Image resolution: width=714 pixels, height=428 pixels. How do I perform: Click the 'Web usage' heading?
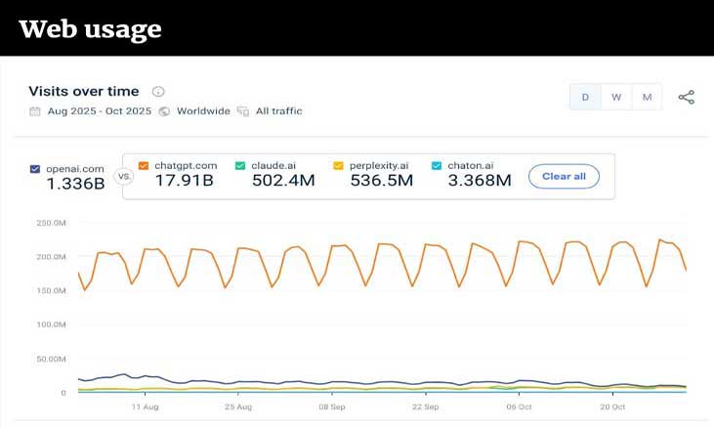(x=90, y=29)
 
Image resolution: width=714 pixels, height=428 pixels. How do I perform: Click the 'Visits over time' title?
(x=83, y=91)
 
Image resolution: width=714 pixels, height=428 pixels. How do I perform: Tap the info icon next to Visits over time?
(x=158, y=92)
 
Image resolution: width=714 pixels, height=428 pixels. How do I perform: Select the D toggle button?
(x=586, y=97)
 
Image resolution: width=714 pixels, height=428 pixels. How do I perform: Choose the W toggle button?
(x=616, y=97)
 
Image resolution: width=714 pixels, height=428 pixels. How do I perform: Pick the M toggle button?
(x=647, y=97)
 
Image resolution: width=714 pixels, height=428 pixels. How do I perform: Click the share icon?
(x=687, y=97)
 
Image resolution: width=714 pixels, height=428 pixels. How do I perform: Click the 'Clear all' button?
(x=564, y=176)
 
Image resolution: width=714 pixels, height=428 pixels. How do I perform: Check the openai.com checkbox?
(x=36, y=169)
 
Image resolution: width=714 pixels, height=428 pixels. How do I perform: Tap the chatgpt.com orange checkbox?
(x=144, y=166)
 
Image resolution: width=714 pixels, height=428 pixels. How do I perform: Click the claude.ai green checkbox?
(x=240, y=166)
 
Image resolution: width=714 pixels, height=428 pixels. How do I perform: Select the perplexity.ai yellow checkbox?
(x=338, y=166)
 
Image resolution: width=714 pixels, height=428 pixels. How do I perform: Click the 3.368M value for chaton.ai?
(x=478, y=181)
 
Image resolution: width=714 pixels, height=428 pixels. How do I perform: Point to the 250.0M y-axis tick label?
(x=50, y=223)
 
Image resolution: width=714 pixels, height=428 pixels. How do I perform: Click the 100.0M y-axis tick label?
(x=50, y=324)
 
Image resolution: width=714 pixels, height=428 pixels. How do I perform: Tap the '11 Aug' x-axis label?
(x=145, y=407)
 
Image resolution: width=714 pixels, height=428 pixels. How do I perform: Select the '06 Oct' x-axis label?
(x=518, y=407)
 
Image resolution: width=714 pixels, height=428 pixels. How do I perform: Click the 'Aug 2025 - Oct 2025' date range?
(x=99, y=111)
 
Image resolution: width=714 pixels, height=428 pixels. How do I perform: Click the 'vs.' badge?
(x=124, y=177)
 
